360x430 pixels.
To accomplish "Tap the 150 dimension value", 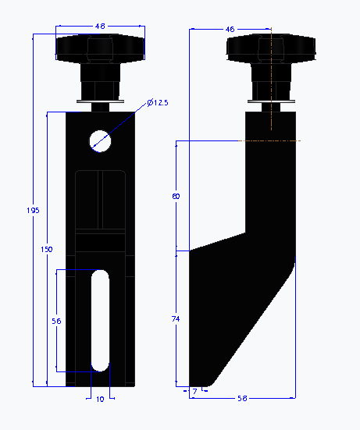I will (48, 249).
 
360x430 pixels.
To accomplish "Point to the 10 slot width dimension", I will (100, 399).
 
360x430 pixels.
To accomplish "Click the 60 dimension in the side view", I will (176, 197).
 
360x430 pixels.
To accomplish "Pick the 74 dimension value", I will (176, 319).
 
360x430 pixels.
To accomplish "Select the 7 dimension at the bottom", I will (194, 390).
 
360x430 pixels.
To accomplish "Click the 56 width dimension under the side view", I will (242, 398).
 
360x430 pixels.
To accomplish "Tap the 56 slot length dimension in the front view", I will (56, 321).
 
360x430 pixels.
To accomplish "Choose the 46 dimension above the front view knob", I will (100, 27).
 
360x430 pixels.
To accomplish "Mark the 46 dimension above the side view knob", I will (230, 29).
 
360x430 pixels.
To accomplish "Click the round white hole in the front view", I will (100, 140).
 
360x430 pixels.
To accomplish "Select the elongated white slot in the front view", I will (100, 320).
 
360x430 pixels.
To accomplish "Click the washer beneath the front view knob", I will (100, 99).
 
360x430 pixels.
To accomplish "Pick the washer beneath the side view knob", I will (271, 99).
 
